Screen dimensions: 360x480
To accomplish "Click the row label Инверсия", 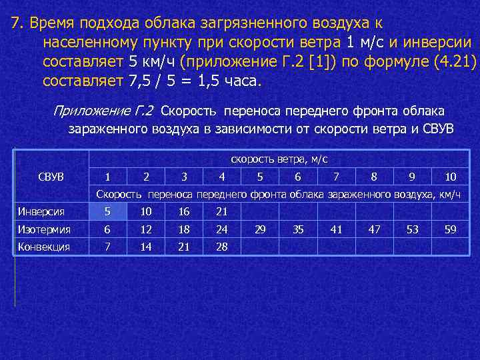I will pyautogui.click(x=41, y=212).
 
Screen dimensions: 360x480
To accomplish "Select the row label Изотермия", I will pyautogui.click(x=44, y=229).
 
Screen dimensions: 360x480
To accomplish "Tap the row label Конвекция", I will pyautogui.click(x=44, y=247).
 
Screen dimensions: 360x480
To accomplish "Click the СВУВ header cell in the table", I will pyautogui.click(x=51, y=177).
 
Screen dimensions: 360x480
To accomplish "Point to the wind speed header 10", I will pyautogui.click(x=450, y=177).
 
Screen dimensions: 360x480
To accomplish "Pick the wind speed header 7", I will pyautogui.click(x=336, y=177).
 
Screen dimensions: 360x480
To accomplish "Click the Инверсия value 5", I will pyautogui.click(x=108, y=212).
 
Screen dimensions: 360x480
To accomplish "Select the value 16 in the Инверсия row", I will pyautogui.click(x=184, y=212).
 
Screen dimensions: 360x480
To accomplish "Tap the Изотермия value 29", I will pyautogui.click(x=260, y=229).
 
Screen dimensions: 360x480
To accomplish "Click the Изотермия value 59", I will pyautogui.click(x=450, y=229).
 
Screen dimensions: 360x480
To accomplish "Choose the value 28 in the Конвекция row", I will pyautogui.click(x=222, y=247).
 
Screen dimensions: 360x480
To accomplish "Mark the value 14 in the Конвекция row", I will pyautogui.click(x=146, y=247).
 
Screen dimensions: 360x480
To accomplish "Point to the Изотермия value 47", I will pyautogui.click(x=374, y=229).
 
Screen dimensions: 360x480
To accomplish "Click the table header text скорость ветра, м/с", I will pyautogui.click(x=279, y=159).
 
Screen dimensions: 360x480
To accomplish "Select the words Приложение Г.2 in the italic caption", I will pyautogui.click(x=103, y=111).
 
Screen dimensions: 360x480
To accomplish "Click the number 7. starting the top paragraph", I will pyautogui.click(x=17, y=24).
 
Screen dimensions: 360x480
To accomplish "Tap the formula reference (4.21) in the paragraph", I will pyautogui.click(x=455, y=63).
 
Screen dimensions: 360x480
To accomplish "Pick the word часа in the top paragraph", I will pyautogui.click(x=243, y=82).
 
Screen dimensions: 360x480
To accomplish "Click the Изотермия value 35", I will pyautogui.click(x=298, y=229).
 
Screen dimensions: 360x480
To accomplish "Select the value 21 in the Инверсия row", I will pyautogui.click(x=222, y=212).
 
